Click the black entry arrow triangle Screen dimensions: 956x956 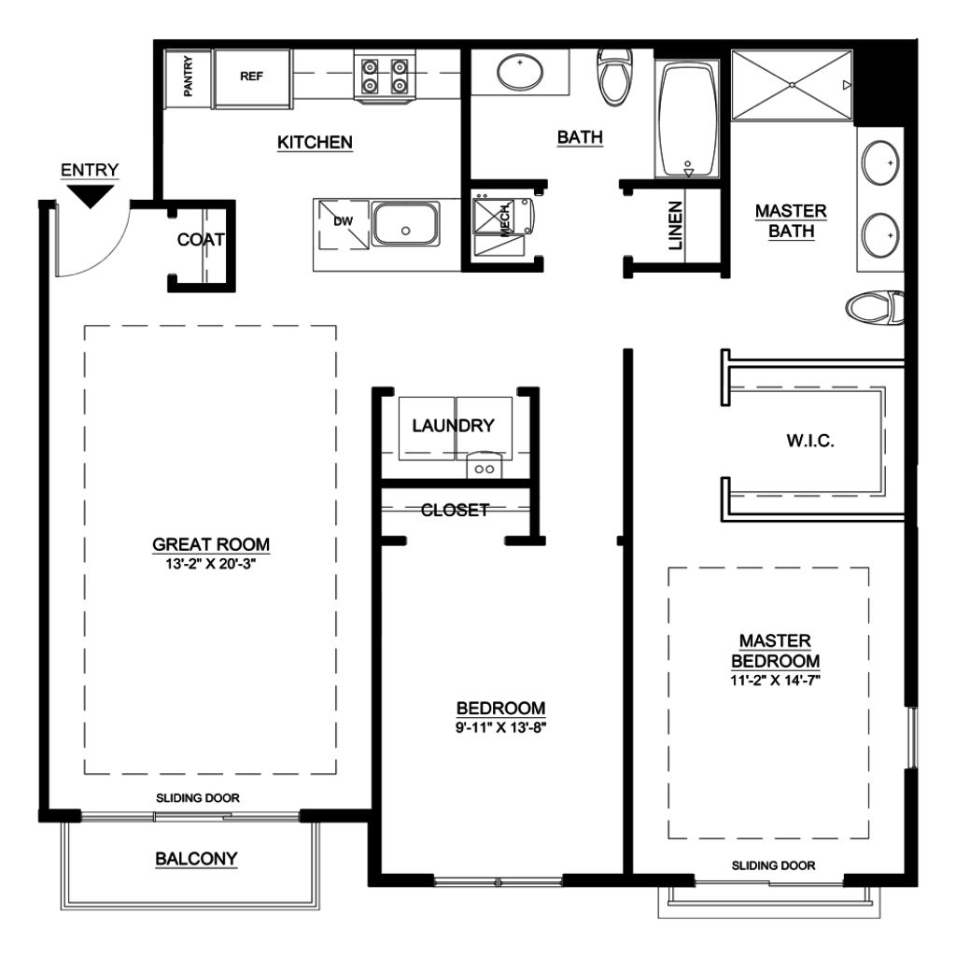(x=91, y=196)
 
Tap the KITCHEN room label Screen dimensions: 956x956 (x=315, y=142)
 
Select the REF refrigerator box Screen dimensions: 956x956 (x=252, y=78)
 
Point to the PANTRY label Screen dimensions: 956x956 (x=188, y=77)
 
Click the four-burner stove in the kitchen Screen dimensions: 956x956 (x=385, y=77)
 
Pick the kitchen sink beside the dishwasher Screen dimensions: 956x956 (x=405, y=224)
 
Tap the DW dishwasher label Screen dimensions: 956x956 (x=344, y=221)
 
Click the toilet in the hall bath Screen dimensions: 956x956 (x=615, y=77)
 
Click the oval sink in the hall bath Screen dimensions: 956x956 (x=519, y=73)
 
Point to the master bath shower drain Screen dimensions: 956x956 (x=792, y=85)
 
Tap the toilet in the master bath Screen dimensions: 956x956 (x=875, y=307)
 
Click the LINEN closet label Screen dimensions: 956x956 (x=675, y=226)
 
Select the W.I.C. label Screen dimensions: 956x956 (x=810, y=441)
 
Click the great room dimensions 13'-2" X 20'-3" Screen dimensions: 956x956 (x=210, y=564)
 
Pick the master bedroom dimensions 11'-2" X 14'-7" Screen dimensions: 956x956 (x=776, y=681)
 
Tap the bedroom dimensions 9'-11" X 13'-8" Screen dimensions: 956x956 (x=500, y=727)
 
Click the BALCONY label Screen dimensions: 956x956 (x=196, y=859)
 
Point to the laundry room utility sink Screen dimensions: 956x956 (x=485, y=466)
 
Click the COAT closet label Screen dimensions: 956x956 (x=201, y=240)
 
